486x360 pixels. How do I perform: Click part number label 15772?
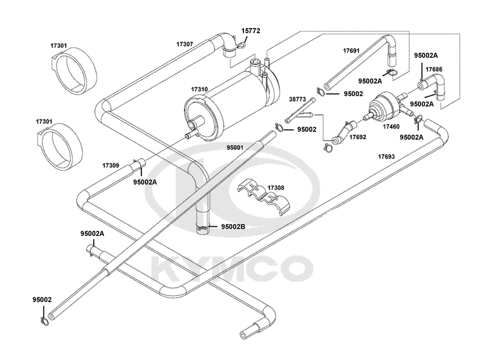click(251, 31)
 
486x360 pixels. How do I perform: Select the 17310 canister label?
click(199, 89)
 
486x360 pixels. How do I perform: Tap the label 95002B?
click(233, 227)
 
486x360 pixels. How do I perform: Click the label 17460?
click(391, 126)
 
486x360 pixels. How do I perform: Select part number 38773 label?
click(297, 100)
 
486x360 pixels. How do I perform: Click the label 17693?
click(386, 157)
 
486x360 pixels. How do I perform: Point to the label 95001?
click(235, 148)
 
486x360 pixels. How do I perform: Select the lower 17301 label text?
click(44, 121)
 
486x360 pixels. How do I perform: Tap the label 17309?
click(111, 166)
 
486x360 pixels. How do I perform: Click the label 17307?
click(185, 44)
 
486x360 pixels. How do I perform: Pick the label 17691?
click(351, 51)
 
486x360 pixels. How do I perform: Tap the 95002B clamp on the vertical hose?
click(203, 229)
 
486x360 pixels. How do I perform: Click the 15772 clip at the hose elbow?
click(241, 46)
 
